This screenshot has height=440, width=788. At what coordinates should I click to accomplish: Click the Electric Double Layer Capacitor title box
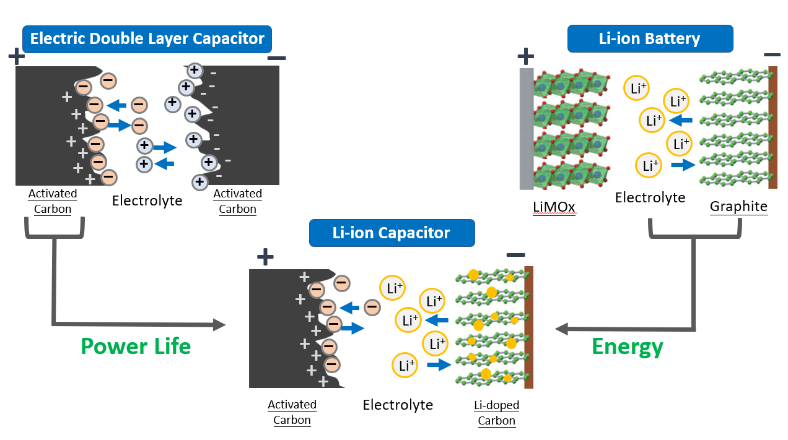pos(147,39)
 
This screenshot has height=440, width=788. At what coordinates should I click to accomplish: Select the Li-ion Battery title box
pos(650,39)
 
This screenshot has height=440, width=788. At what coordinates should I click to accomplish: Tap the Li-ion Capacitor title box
pos(392,233)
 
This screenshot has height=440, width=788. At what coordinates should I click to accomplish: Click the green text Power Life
pos(136,346)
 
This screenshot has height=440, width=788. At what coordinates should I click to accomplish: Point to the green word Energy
pos(628,347)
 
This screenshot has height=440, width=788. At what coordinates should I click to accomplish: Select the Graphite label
pos(738,206)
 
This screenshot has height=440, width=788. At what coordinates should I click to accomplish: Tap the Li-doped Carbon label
pos(496,413)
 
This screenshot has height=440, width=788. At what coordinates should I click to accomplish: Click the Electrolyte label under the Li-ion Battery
pos(650,197)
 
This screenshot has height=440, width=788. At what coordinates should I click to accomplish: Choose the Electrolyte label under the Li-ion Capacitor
pos(398,405)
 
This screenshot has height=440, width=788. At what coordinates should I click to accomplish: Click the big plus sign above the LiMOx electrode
pos(525,57)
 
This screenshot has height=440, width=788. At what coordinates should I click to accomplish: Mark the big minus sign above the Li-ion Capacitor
pos(515,255)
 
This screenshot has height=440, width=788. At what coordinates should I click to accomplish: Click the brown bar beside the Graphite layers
pos(773,127)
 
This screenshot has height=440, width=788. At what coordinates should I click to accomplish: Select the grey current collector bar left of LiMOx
pos(526,129)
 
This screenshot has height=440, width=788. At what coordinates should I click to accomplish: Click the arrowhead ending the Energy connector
pos(562,329)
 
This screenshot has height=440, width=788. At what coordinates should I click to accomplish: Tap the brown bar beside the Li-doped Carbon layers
pos(528,327)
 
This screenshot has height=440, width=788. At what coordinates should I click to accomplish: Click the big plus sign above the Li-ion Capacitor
pos(265,257)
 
